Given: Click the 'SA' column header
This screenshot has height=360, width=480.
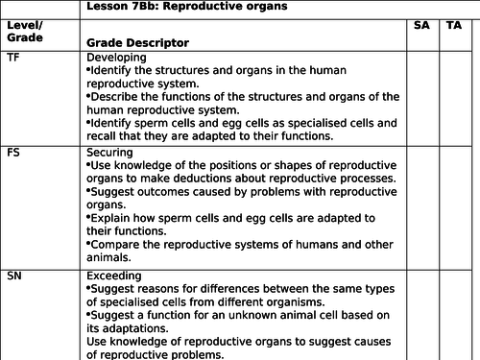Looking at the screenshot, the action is [420, 25].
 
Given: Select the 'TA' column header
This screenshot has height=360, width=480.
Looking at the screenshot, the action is [454, 25].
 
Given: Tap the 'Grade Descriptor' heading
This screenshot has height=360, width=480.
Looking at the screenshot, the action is [136, 43].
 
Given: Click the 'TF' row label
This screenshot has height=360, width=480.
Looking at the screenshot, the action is [12, 58].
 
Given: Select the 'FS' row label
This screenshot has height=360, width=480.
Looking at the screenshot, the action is [12, 152].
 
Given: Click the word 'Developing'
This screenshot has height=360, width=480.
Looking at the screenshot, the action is [116, 58].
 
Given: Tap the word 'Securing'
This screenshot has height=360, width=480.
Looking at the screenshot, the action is [110, 152].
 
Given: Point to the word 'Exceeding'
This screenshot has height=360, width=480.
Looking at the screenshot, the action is [114, 275].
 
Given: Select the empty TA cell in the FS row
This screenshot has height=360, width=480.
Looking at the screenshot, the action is [454, 206].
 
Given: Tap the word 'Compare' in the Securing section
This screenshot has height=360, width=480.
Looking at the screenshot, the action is [115, 245].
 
